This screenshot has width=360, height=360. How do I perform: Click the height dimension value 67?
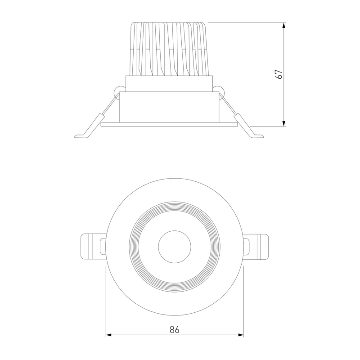(279, 74)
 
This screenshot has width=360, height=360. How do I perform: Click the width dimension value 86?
(174, 330)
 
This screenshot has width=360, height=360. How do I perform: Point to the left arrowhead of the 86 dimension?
(108, 335)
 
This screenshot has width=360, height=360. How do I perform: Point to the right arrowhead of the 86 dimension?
(241, 335)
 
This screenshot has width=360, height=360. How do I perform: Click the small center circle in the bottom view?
(175, 247)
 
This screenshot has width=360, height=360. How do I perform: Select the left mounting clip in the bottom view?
(94, 247)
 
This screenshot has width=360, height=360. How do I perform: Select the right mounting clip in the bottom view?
(256, 247)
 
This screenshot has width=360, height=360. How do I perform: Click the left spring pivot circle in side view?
(119, 92)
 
